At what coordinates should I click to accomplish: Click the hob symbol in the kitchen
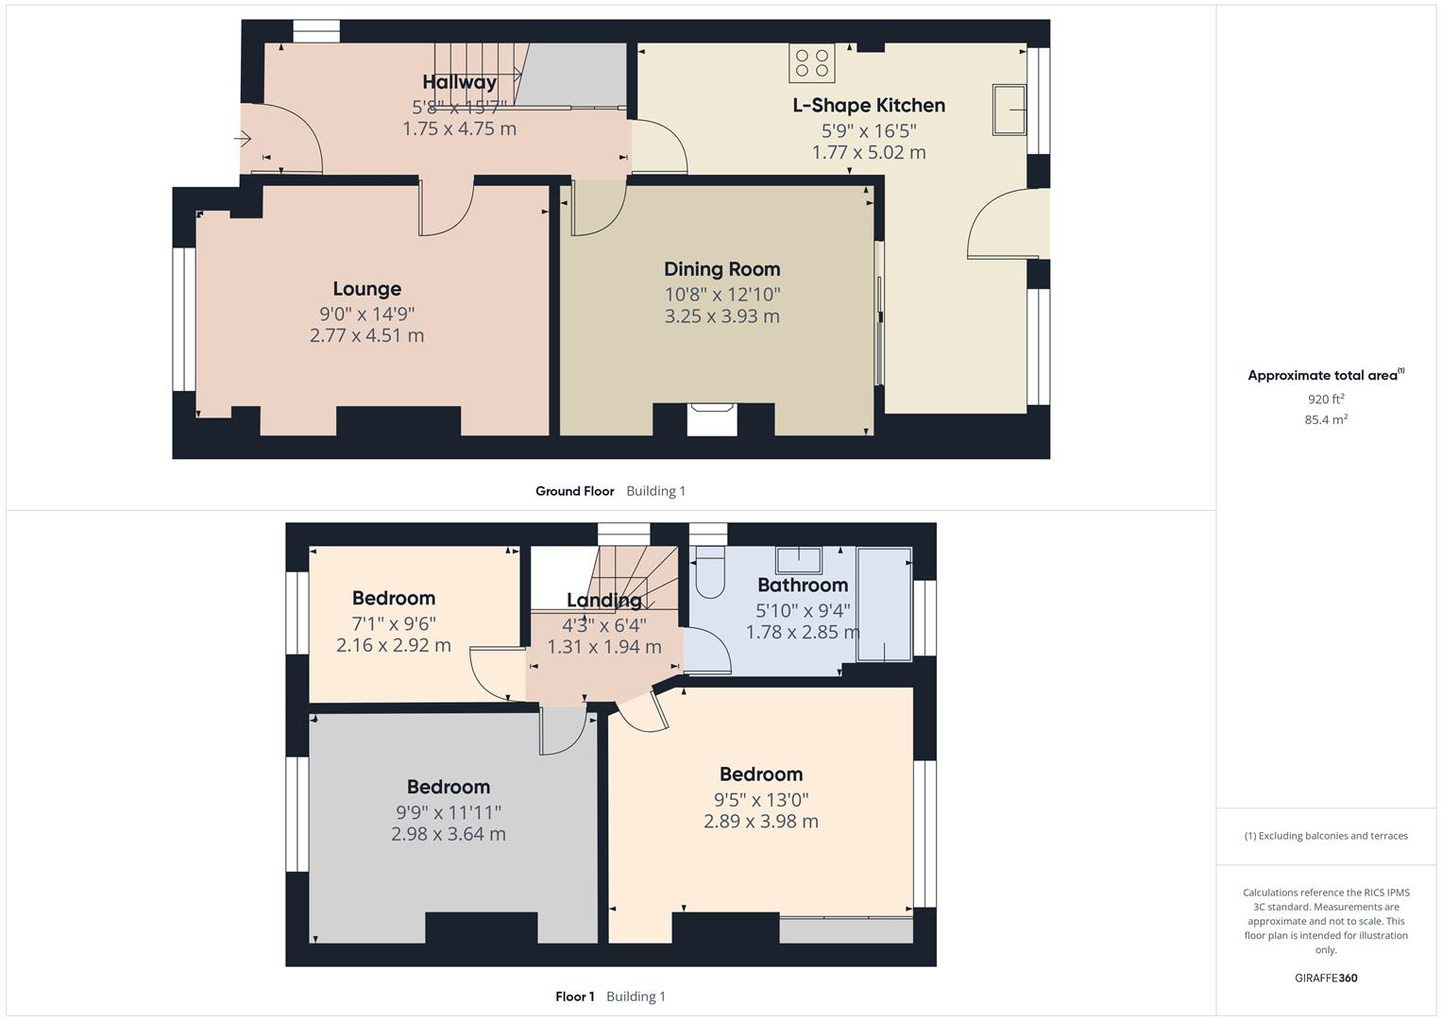pos(812,62)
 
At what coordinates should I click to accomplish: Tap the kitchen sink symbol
pos(1009,110)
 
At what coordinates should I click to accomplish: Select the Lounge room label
pos(366,289)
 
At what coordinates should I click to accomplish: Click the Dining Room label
pos(721,269)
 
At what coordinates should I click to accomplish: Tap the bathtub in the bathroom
pos(884,603)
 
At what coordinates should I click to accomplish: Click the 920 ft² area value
pos(1326,399)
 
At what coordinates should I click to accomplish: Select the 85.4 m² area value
pos(1326,420)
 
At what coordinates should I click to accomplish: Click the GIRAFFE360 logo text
pos(1326,978)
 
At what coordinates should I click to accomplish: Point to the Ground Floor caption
pos(574,491)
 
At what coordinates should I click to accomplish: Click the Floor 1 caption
pos(574,996)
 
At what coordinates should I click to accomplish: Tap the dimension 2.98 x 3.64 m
pos(448,834)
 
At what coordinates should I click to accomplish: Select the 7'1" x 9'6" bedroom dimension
pos(393,623)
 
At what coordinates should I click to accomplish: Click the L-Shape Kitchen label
pos(868,105)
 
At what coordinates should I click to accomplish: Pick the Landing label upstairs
pos(603,600)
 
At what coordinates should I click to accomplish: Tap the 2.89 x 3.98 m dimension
pos(760,822)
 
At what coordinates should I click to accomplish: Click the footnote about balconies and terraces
pos(1326,836)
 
